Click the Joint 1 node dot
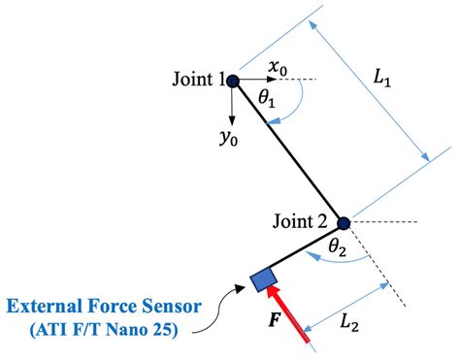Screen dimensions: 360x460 click(233, 81)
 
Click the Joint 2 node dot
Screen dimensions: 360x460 click(343, 222)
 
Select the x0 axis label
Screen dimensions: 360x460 click(279, 66)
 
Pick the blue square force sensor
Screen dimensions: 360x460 click(262, 280)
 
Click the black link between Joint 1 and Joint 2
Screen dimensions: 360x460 click(287, 151)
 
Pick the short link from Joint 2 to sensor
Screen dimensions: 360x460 click(303, 251)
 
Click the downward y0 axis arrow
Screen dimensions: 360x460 click(233, 103)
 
